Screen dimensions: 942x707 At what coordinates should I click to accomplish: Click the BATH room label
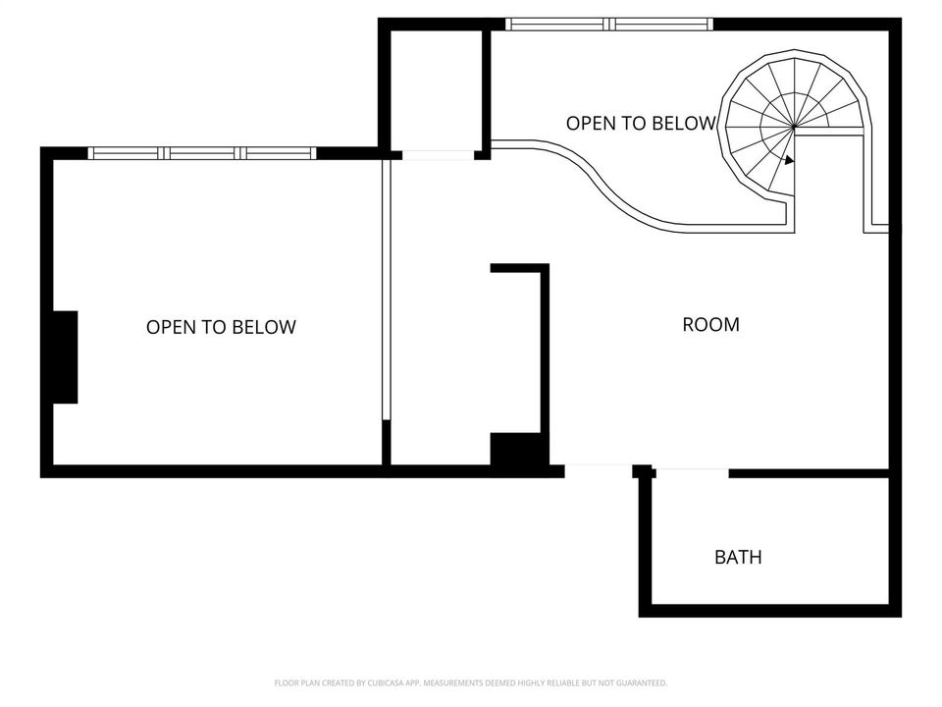738,558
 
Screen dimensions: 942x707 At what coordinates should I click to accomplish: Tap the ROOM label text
710,325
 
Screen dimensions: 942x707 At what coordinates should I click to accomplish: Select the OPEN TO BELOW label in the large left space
221,327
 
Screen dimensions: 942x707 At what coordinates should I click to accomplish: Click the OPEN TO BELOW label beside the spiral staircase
641,124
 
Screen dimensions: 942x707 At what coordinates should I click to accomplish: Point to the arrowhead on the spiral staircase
789,160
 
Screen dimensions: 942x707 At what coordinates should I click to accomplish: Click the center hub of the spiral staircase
794,127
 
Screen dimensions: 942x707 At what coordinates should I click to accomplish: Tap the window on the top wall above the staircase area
608,24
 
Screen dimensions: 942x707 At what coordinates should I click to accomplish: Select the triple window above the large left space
202,153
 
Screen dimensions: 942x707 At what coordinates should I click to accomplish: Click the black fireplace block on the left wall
65,357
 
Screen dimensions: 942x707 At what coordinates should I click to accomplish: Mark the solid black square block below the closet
517,449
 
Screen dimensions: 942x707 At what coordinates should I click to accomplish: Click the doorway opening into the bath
691,472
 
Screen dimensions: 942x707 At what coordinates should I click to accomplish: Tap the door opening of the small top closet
438,155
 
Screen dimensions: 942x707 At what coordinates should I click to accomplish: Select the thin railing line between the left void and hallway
386,291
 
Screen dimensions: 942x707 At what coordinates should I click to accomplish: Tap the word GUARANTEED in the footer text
642,683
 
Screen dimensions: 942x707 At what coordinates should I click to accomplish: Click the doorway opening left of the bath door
599,470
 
